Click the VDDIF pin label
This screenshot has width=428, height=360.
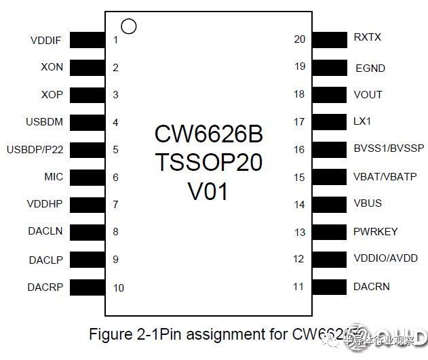click(46, 41)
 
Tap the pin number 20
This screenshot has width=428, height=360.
click(299, 39)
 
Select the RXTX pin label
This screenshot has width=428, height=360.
click(368, 37)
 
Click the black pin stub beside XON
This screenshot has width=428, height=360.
click(87, 68)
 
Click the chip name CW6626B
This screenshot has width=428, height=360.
click(208, 134)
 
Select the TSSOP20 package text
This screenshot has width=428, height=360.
click(208, 163)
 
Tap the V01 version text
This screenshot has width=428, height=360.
click(208, 191)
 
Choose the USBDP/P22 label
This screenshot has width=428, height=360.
click(34, 149)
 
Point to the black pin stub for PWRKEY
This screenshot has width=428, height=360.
click(329, 232)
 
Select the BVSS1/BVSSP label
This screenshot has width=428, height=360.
click(389, 149)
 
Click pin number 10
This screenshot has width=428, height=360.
click(119, 287)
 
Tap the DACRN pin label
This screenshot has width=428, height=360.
click(372, 287)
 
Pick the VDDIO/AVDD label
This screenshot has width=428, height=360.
click(385, 258)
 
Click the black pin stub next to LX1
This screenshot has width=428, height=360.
click(329, 122)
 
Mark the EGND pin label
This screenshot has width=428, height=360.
click(370, 68)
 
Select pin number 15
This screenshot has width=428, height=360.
click(299, 177)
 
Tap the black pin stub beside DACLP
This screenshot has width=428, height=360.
click(87, 260)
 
